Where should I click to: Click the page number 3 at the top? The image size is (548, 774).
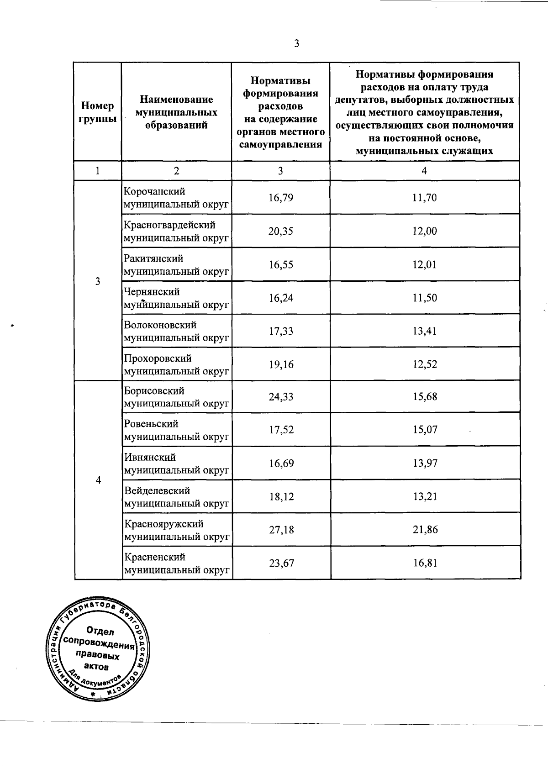pos(297,44)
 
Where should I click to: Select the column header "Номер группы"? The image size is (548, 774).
pos(97,112)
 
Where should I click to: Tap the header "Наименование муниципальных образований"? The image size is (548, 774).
pos(176,112)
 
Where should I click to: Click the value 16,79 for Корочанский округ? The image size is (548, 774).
pos(281,198)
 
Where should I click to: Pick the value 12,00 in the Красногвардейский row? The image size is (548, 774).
pos(425,231)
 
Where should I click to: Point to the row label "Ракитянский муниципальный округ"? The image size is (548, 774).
pos(176,265)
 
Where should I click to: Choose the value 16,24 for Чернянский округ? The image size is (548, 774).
pos(281,298)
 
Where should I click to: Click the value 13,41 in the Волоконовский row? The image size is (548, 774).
pos(425,331)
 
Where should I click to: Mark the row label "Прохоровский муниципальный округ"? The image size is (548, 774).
pos(176,365)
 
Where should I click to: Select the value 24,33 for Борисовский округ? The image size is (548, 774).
pos(281,397)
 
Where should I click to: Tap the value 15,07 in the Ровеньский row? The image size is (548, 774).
pos(425,430)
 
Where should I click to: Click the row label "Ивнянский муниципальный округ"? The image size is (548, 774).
pos(177,463)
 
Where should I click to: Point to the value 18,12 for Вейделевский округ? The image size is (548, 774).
pos(281,497)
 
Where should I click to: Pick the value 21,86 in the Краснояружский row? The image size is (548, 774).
pos(425,530)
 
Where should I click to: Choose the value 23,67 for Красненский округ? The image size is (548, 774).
pos(281,563)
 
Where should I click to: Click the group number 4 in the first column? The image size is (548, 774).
pos(98,480)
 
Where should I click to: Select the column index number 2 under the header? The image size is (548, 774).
pos(176,171)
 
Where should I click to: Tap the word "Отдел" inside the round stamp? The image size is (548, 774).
pos(100,632)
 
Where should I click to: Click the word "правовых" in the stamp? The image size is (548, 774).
pos(98,655)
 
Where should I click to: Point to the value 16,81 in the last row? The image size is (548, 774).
pos(425,563)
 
